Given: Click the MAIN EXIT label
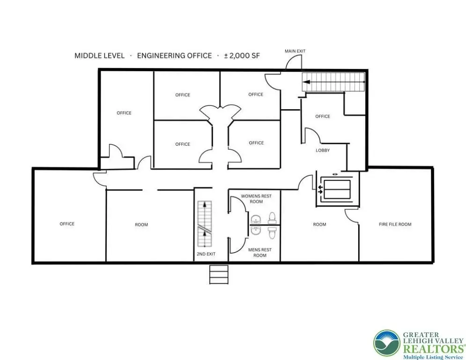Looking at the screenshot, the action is (295, 51).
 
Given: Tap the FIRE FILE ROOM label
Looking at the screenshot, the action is (395, 225).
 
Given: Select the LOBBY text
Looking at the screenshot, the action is (323, 150).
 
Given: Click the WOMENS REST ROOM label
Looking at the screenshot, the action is (256, 199).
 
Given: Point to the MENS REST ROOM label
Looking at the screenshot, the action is (260, 253).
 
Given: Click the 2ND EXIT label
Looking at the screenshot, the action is (206, 254).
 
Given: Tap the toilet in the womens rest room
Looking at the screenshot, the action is (272, 218).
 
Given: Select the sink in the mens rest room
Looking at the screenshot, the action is (256, 230).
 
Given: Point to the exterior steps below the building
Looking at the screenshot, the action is (219, 275).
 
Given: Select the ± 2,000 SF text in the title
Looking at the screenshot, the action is (242, 56).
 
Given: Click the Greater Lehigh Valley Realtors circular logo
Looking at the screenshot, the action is (387, 343).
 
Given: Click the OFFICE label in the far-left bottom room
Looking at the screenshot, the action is (67, 224).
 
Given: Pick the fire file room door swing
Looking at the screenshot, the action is (352, 215).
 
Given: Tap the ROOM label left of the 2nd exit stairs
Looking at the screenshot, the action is (141, 225).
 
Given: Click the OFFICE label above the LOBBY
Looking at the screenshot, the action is (323, 116).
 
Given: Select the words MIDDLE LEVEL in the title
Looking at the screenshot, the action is (100, 56).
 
